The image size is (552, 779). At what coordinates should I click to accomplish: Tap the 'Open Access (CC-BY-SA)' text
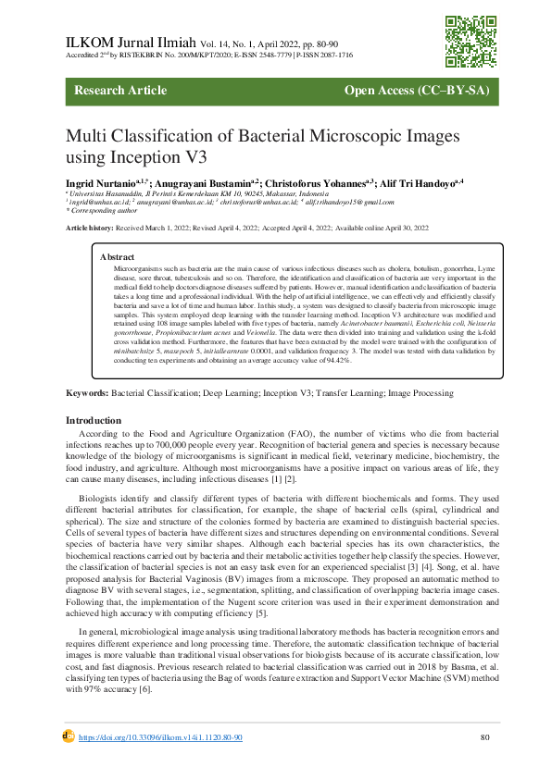(416, 91)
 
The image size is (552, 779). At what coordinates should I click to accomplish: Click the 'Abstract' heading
(117, 256)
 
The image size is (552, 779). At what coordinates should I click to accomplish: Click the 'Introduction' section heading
(95, 420)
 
